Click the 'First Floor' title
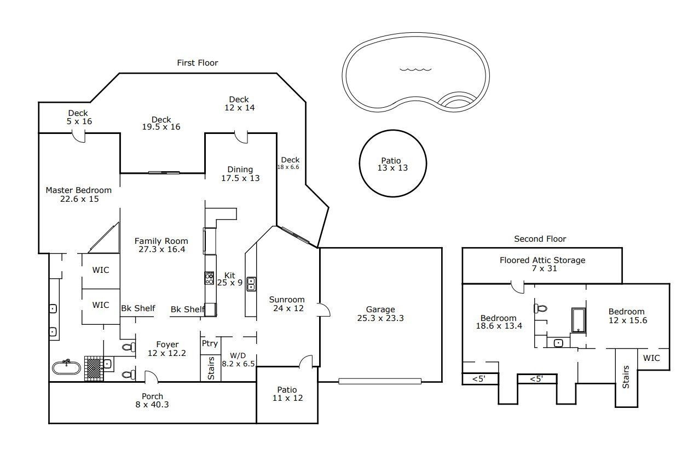coord(197,63)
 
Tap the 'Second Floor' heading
coord(540,239)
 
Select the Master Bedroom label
coord(79,190)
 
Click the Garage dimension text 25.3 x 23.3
coord(380,318)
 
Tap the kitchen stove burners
coord(210,278)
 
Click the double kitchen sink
coord(251,284)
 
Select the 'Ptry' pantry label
coord(210,343)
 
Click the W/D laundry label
coord(238,355)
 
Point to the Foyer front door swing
coord(151,376)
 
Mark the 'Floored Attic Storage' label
coord(542,260)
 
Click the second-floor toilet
coord(541,308)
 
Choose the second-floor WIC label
coord(651,358)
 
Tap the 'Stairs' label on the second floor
coord(626,377)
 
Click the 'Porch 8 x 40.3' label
coord(152,400)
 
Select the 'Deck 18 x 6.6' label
coord(288,163)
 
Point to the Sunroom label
coord(287,300)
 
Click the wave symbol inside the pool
coord(415,69)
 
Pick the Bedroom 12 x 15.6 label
coord(628,316)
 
